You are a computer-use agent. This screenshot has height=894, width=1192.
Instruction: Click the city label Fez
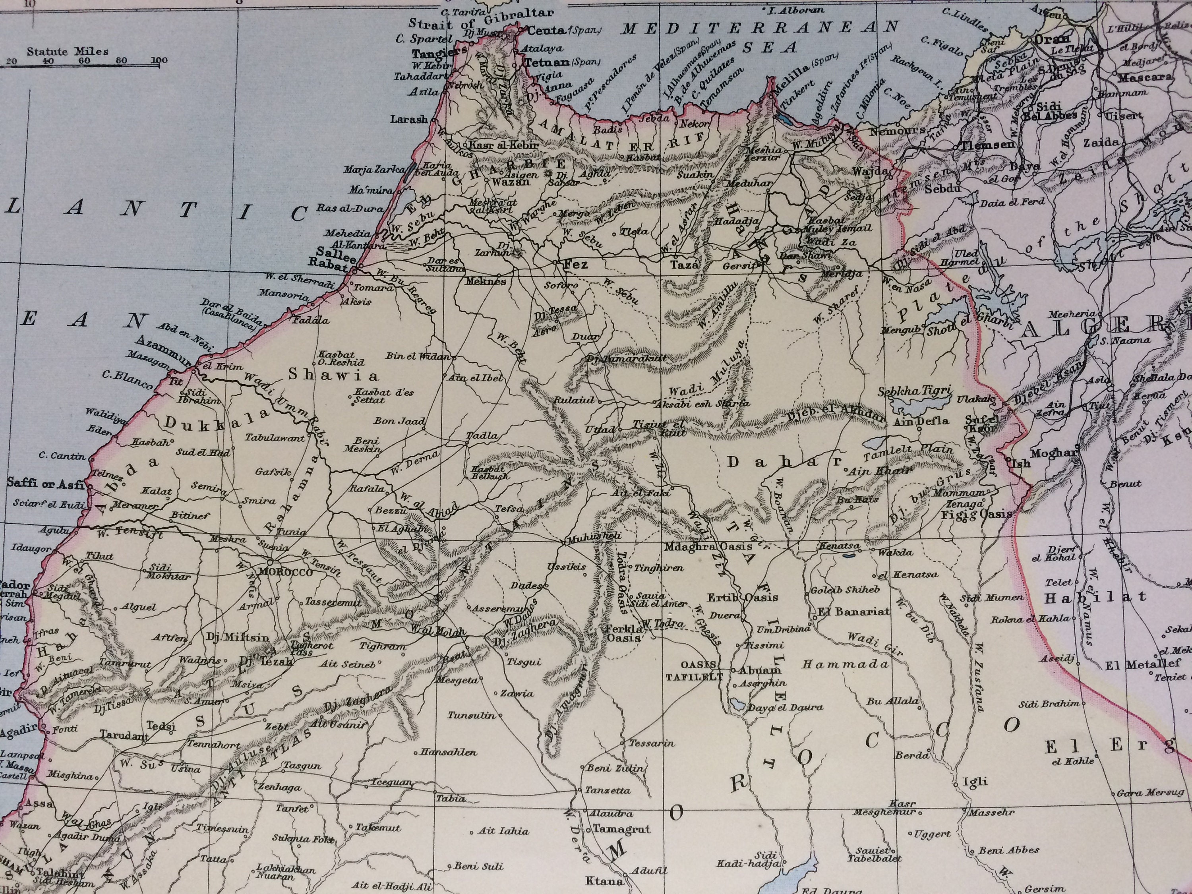pos(575,265)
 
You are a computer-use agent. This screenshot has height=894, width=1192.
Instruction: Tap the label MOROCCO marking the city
pos(286,572)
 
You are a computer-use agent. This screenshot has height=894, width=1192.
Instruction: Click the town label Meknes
pos(486,281)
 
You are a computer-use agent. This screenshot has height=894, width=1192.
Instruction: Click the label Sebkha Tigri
pos(915,391)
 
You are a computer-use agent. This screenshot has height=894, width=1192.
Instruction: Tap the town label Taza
pos(684,265)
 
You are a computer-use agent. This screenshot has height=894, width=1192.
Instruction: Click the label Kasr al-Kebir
pos(496,145)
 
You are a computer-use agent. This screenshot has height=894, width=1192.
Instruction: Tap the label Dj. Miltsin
pos(237,637)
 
